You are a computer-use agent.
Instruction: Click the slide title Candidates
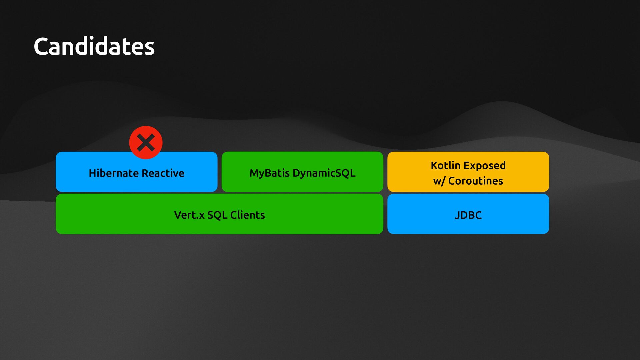pos(94,46)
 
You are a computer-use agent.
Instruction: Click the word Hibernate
pos(113,173)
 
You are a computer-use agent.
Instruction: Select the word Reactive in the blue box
pos(163,173)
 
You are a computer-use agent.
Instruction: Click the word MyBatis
pos(269,173)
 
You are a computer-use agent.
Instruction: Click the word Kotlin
pos(445,165)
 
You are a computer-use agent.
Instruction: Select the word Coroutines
pos(475,181)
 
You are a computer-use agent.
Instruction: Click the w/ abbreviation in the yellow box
pos(439,181)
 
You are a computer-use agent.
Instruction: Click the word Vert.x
pos(189,215)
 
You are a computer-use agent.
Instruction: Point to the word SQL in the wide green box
pos(217,215)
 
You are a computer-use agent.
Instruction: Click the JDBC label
pos(468,215)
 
